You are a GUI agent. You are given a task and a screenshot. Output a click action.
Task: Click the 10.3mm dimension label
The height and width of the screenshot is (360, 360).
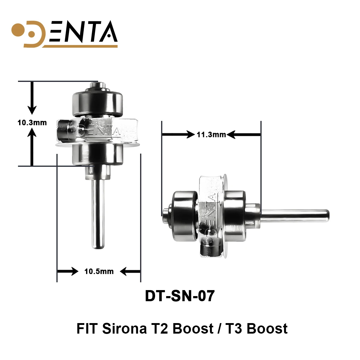pos(32,122)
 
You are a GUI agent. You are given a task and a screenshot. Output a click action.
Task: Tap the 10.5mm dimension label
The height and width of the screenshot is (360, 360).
pos(99,271)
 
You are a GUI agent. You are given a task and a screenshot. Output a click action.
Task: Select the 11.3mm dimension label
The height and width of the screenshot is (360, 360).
pos(211,135)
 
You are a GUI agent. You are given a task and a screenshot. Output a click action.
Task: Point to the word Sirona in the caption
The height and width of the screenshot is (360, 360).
pos(124,328)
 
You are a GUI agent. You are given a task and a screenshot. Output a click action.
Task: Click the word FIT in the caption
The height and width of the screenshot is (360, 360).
pos(87,328)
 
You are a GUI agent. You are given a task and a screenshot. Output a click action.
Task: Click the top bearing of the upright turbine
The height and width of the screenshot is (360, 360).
pos(97,103)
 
